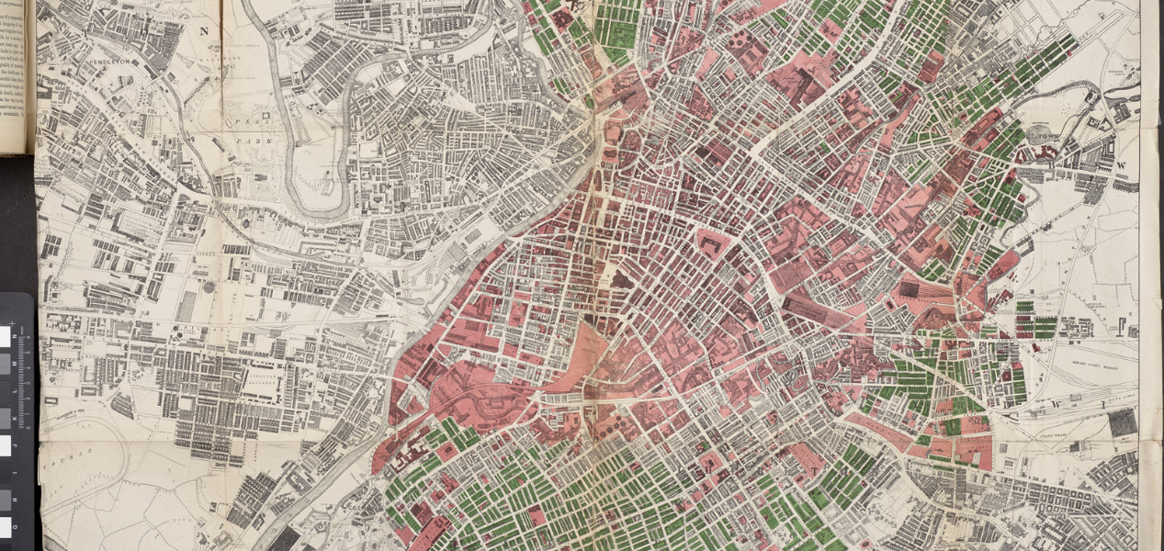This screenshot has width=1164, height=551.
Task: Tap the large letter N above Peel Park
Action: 204,29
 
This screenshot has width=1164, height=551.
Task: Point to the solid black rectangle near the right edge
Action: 1122,422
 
